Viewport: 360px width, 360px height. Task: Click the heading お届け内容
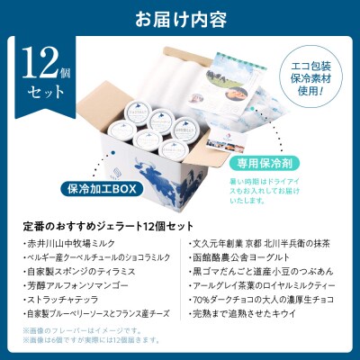coord(180,17)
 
